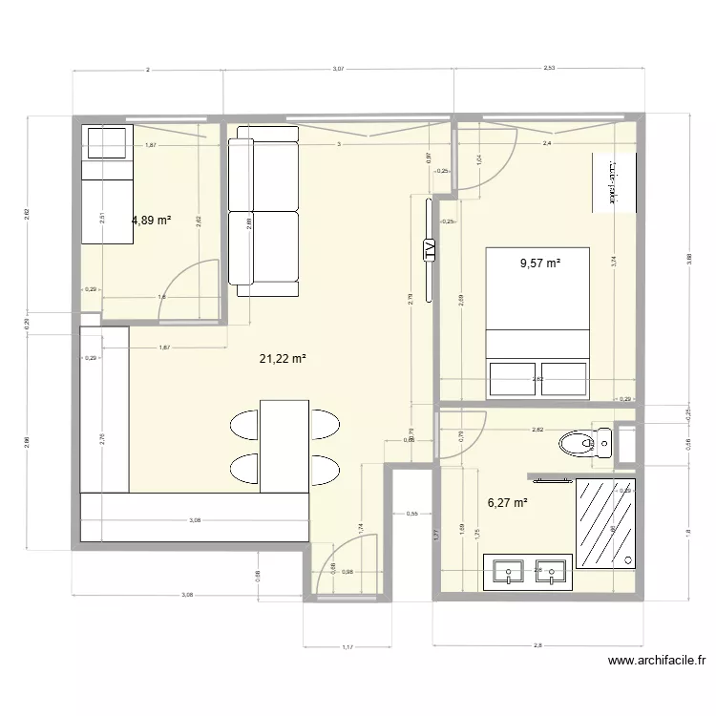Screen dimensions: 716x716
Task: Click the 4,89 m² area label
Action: click(151, 219)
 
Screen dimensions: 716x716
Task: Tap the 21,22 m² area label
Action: click(283, 359)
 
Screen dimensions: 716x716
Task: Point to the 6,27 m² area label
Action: click(508, 502)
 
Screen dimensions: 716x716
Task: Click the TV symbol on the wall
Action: click(429, 251)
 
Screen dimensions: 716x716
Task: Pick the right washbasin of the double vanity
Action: click(551, 571)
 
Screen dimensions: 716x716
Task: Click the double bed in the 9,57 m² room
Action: click(537, 321)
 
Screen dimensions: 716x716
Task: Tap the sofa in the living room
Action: click(263, 211)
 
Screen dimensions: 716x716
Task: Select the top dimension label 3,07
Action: click(338, 70)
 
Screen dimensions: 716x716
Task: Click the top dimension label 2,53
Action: click(549, 70)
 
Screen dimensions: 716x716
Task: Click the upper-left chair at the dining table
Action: click(244, 424)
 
